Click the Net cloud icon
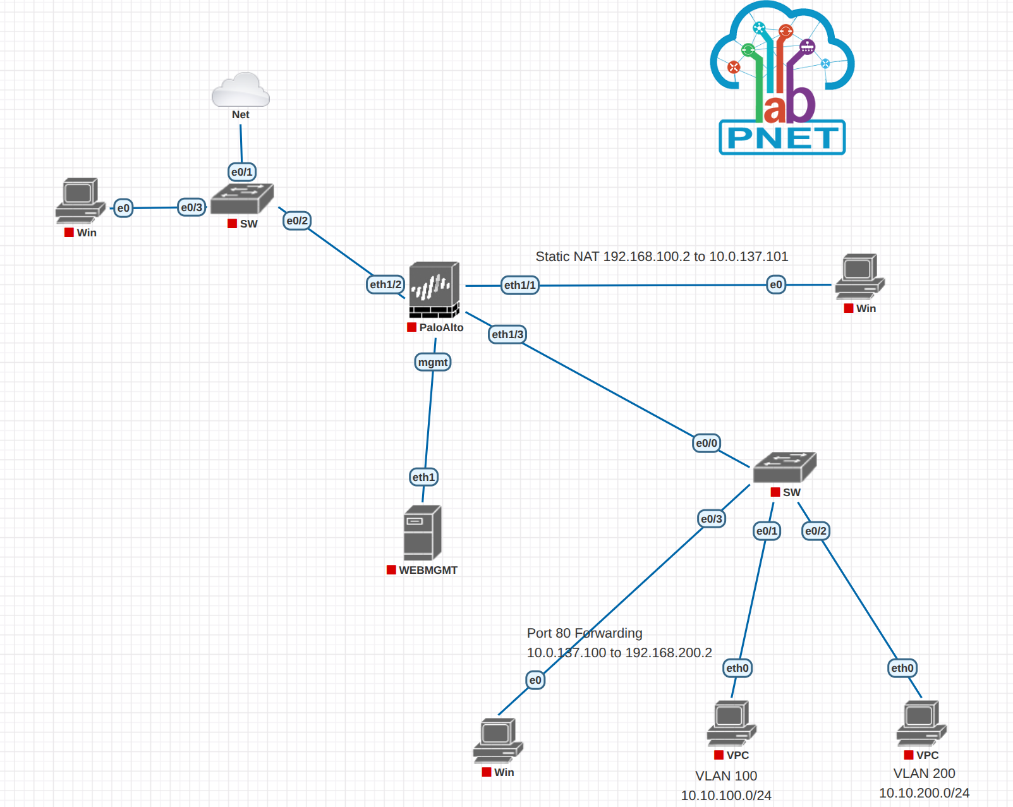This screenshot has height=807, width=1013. [241, 90]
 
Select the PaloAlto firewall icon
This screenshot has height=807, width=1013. [434, 289]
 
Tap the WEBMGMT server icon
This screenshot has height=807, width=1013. [422, 533]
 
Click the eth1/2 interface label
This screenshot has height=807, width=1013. [385, 284]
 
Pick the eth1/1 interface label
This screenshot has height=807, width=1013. [519, 285]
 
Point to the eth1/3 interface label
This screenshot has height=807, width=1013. [507, 334]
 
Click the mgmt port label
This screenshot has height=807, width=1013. [433, 362]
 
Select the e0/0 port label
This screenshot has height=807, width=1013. [706, 443]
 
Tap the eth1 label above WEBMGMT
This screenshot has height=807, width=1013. [423, 477]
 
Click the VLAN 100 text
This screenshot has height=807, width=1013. [726, 775]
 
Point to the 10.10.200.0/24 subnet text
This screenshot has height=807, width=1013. [924, 793]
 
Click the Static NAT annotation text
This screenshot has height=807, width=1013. [662, 257]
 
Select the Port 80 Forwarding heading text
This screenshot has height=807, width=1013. [585, 633]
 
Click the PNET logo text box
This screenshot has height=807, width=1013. [782, 138]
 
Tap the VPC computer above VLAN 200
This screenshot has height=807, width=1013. [921, 722]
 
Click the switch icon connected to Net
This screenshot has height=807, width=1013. [242, 198]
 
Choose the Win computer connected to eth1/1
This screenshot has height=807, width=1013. [859, 276]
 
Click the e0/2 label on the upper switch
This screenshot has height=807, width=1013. [297, 221]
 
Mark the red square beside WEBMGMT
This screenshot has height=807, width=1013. [391, 570]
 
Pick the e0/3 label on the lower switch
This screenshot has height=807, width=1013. [712, 519]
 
